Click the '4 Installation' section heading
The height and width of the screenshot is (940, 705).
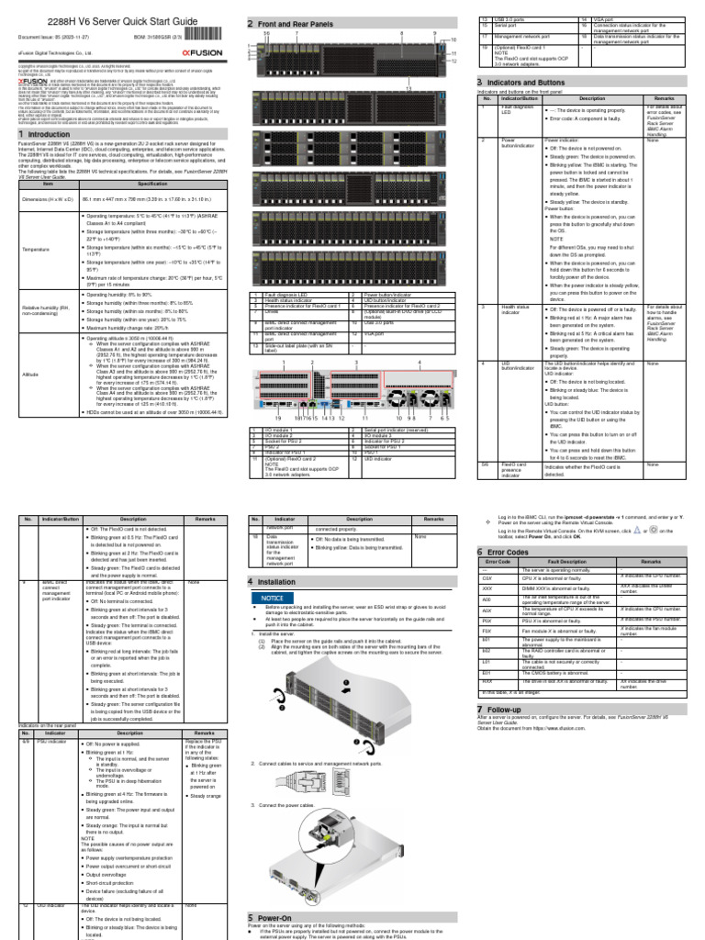(285, 582)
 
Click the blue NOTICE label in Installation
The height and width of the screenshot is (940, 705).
(274, 598)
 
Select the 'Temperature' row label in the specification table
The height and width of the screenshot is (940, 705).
(36, 248)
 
